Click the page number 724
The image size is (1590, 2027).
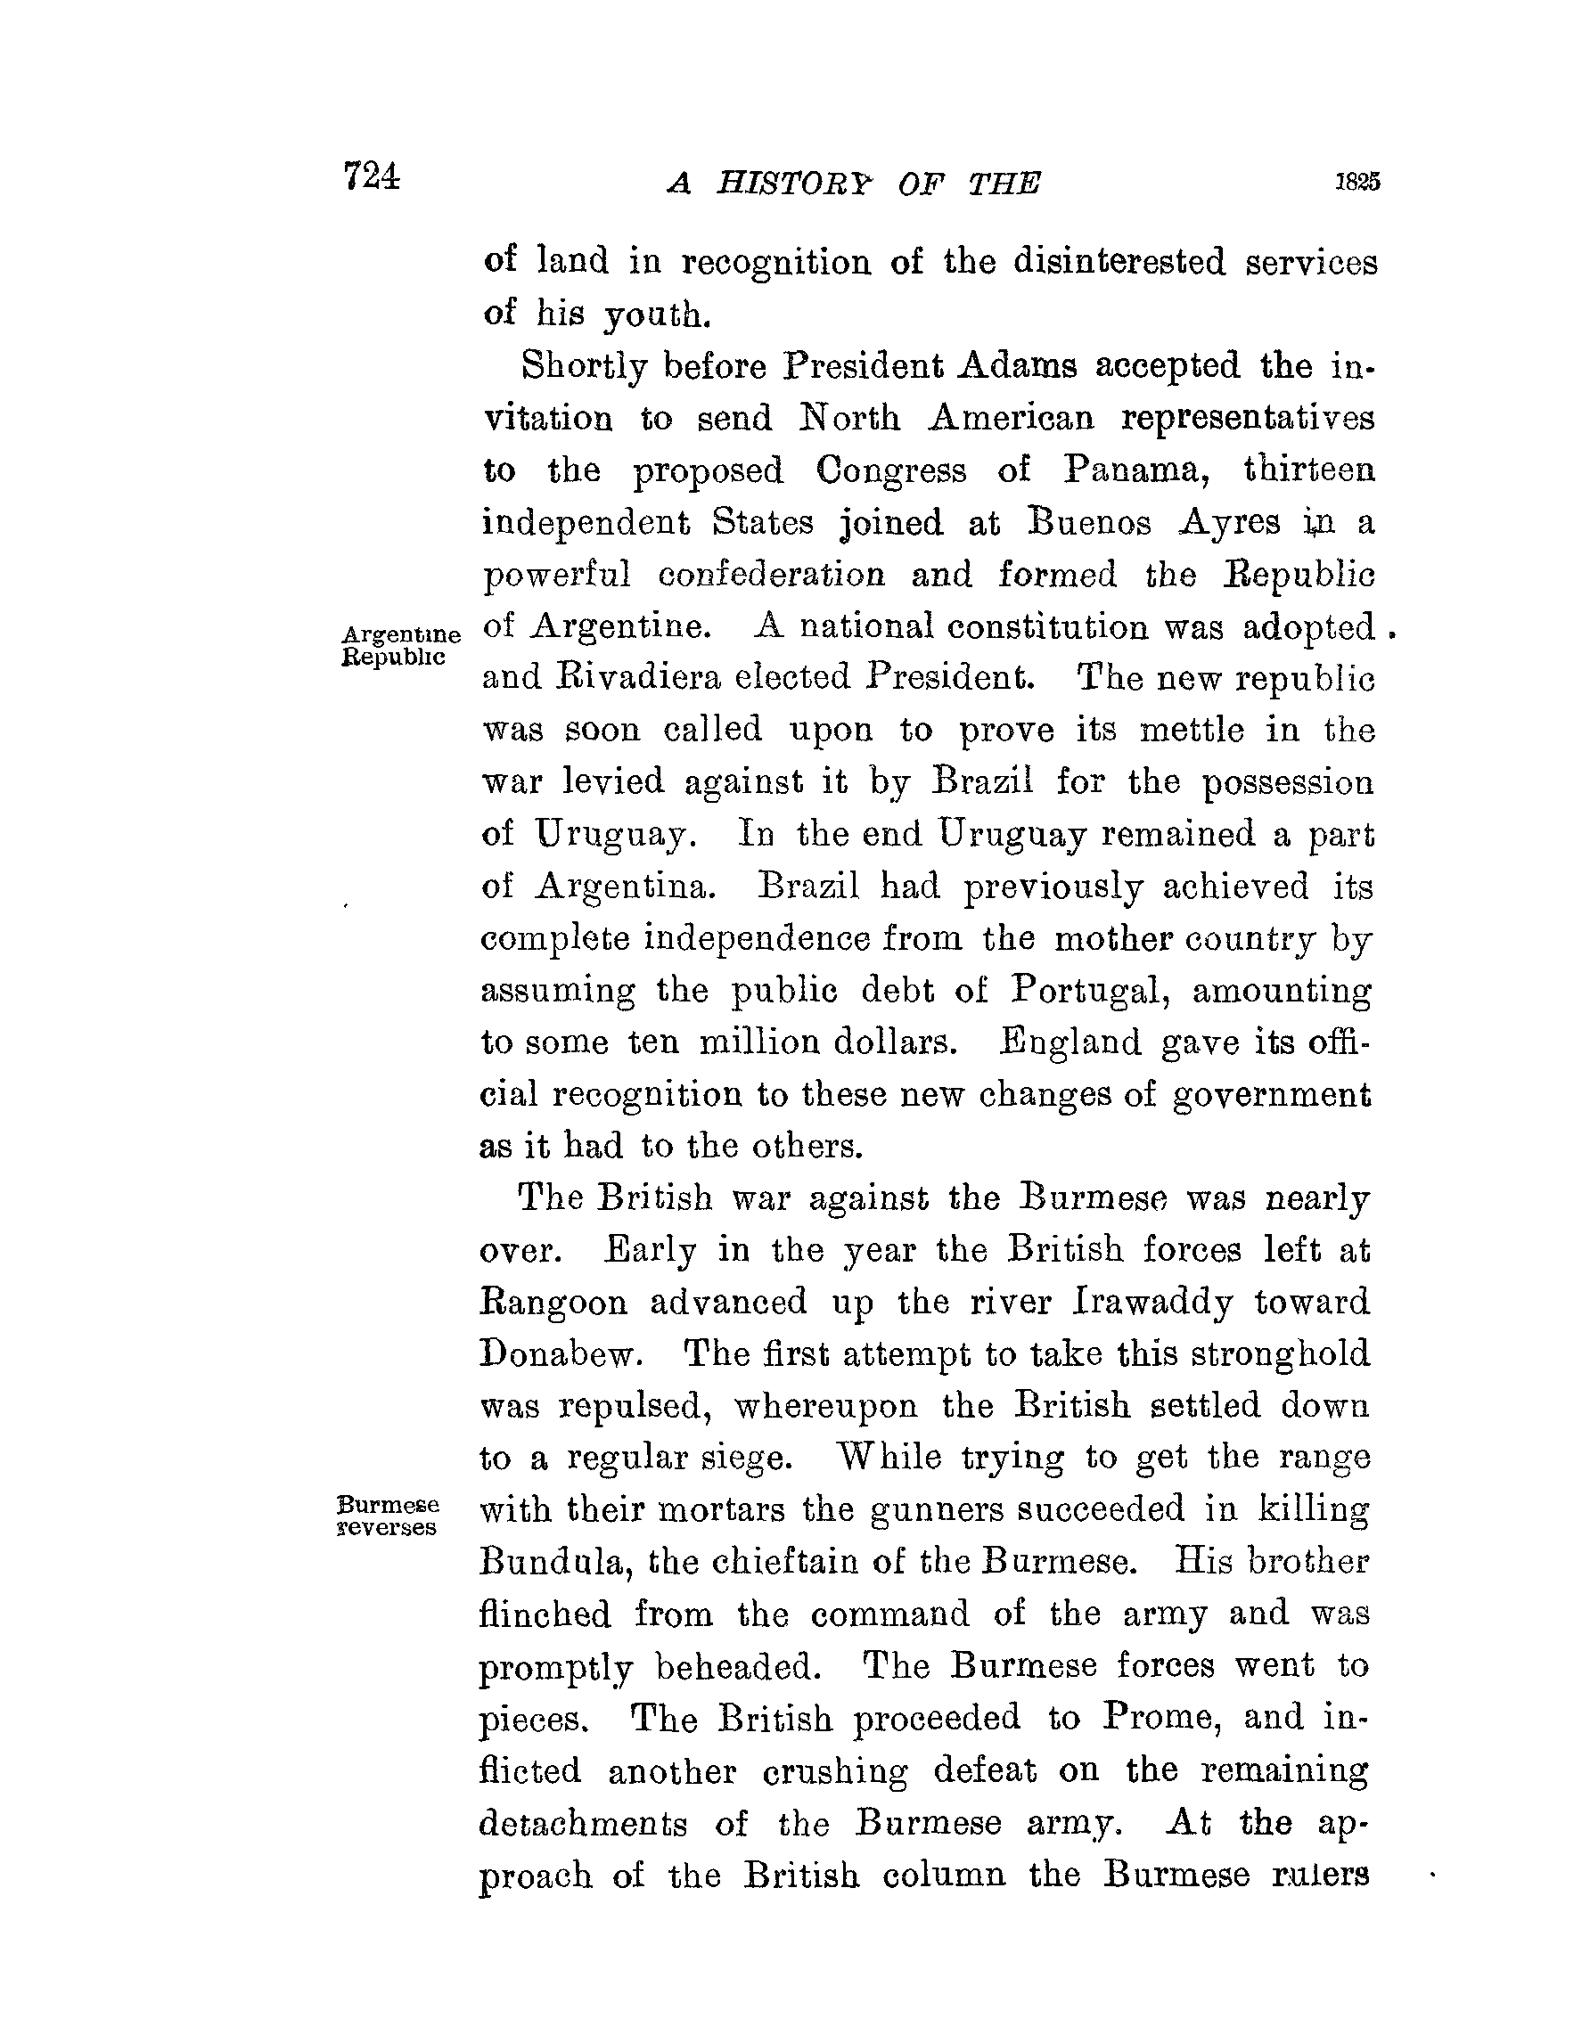click(372, 175)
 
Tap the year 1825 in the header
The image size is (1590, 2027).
click(1357, 182)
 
